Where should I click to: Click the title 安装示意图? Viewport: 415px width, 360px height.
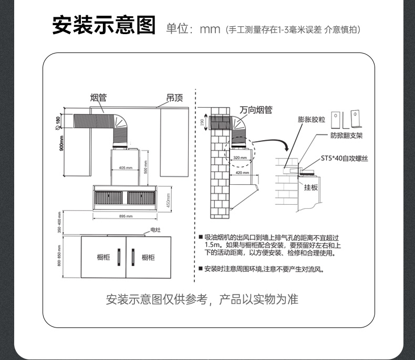coord(104,25)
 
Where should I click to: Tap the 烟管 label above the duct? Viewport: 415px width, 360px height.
coord(98,98)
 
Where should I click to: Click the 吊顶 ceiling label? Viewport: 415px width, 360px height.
coord(174,98)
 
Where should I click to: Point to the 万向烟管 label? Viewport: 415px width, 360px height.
coord(256,110)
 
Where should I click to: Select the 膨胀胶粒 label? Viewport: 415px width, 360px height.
coord(311,120)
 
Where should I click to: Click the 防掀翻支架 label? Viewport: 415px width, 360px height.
coord(347,135)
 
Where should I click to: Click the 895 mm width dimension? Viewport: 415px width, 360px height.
coord(125,216)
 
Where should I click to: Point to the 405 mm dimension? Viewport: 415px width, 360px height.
coord(125,168)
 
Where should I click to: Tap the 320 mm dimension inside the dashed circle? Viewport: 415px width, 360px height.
coord(240,157)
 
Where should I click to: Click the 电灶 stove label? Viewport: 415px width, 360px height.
coord(155,230)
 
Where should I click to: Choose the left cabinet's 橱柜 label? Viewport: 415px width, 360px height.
coord(103,257)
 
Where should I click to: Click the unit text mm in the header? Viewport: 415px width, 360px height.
coord(209,29)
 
